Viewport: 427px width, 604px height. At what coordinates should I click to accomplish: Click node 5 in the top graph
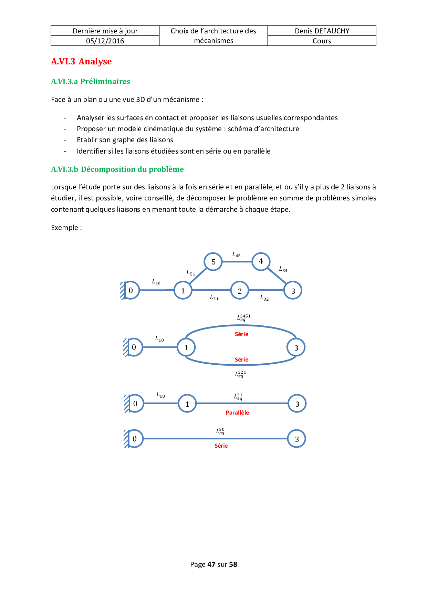(213, 262)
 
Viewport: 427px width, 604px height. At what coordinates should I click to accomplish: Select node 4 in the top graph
(261, 261)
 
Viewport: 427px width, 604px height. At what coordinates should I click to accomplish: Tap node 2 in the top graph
(240, 291)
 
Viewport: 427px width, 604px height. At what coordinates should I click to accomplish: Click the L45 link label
(236, 255)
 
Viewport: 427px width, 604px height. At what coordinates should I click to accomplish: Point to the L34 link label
(283, 269)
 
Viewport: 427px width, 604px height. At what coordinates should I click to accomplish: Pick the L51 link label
(190, 273)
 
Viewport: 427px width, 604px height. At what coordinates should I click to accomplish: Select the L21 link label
(214, 298)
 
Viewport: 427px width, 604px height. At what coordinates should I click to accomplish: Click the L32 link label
(264, 298)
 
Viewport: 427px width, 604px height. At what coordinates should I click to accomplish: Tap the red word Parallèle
(237, 413)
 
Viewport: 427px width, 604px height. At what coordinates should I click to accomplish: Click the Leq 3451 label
(243, 317)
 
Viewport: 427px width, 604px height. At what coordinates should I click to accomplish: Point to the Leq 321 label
(240, 374)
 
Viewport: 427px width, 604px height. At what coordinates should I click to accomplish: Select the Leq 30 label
(220, 431)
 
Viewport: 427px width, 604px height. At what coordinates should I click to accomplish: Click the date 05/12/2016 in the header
(105, 41)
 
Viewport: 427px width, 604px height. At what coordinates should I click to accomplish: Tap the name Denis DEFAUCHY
(322, 31)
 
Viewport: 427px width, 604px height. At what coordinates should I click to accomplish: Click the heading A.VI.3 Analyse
(81, 62)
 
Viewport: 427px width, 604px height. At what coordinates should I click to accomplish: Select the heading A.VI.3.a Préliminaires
(91, 82)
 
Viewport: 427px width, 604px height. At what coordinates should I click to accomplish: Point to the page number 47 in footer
(211, 564)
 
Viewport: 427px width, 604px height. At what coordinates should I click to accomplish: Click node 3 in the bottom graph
(296, 439)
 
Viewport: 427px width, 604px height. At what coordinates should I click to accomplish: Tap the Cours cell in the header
(322, 41)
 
